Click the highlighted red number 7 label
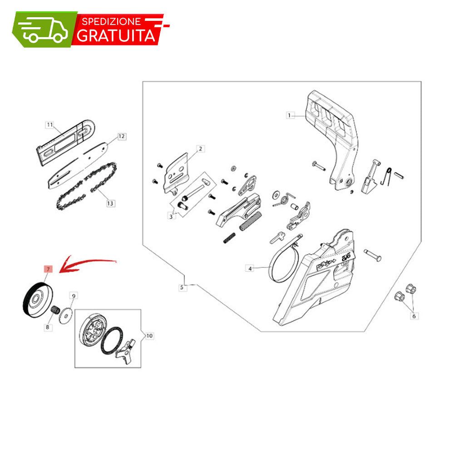[48, 269]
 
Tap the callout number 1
[289, 115]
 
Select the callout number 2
[200, 149]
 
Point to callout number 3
[171, 216]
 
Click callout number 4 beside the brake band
[250, 268]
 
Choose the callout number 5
[182, 287]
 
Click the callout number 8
[48, 327]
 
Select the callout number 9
[74, 296]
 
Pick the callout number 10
[149, 336]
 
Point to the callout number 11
[50, 124]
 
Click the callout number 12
[122, 136]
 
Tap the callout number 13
[110, 203]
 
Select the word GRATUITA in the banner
[116, 36]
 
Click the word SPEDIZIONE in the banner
[112, 21]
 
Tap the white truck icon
[44, 30]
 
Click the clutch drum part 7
[38, 300]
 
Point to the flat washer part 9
[66, 315]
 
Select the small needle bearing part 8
[55, 309]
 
